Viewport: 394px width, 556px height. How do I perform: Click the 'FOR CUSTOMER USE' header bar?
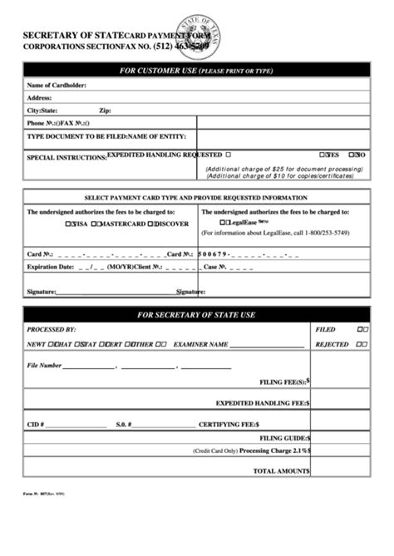196,71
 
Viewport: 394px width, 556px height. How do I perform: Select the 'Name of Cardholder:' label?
57,85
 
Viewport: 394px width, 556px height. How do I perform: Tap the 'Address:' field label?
40,97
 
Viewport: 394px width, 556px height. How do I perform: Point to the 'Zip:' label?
105,110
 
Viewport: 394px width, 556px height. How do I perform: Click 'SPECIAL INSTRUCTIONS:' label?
66,156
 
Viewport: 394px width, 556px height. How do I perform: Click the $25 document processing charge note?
283,169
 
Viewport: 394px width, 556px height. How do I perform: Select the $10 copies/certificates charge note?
283,176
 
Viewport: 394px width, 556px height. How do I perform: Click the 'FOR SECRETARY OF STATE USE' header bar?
196,315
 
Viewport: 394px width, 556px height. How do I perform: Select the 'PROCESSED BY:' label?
51,330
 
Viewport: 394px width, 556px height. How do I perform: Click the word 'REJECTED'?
332,343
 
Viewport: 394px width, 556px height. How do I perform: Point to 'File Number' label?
44,365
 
